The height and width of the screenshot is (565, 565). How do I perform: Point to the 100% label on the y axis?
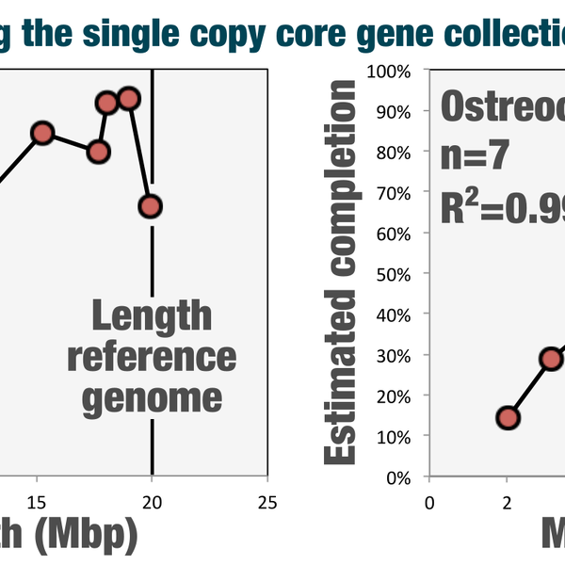393,71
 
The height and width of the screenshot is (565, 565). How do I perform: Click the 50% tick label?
396,274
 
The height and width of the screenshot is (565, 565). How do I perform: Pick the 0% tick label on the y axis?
400,477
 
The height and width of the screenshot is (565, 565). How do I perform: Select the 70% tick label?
396,193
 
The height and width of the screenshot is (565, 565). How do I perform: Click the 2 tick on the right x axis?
507,501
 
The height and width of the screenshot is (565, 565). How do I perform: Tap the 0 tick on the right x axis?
429,501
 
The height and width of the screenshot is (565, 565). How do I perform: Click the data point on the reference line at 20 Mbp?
150,205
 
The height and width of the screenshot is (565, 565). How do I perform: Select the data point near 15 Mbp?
41,133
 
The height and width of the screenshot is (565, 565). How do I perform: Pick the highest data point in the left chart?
129,98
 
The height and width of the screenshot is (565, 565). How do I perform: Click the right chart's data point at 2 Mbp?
508,418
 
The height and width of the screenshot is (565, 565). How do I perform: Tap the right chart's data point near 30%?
551,359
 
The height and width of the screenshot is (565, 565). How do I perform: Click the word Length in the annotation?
152,316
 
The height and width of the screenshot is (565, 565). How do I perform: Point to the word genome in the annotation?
152,396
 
